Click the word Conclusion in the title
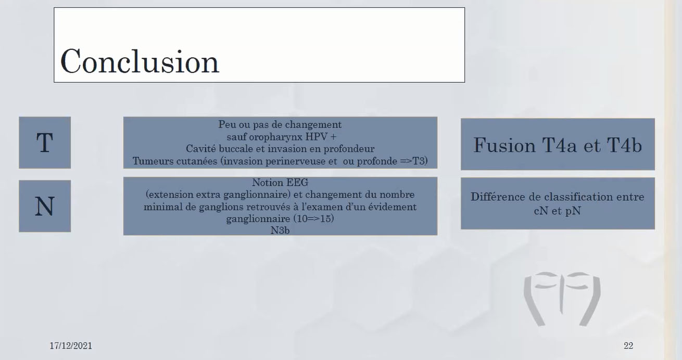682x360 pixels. coord(140,61)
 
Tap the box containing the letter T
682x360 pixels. coord(45,143)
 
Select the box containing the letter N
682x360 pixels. coord(45,206)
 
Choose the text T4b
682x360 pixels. coord(622,145)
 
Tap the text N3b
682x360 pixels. coord(280,230)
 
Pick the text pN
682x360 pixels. coord(573,212)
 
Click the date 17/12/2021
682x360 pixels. coord(71,346)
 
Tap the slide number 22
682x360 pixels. coord(628,346)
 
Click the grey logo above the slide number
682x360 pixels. coord(562,299)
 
